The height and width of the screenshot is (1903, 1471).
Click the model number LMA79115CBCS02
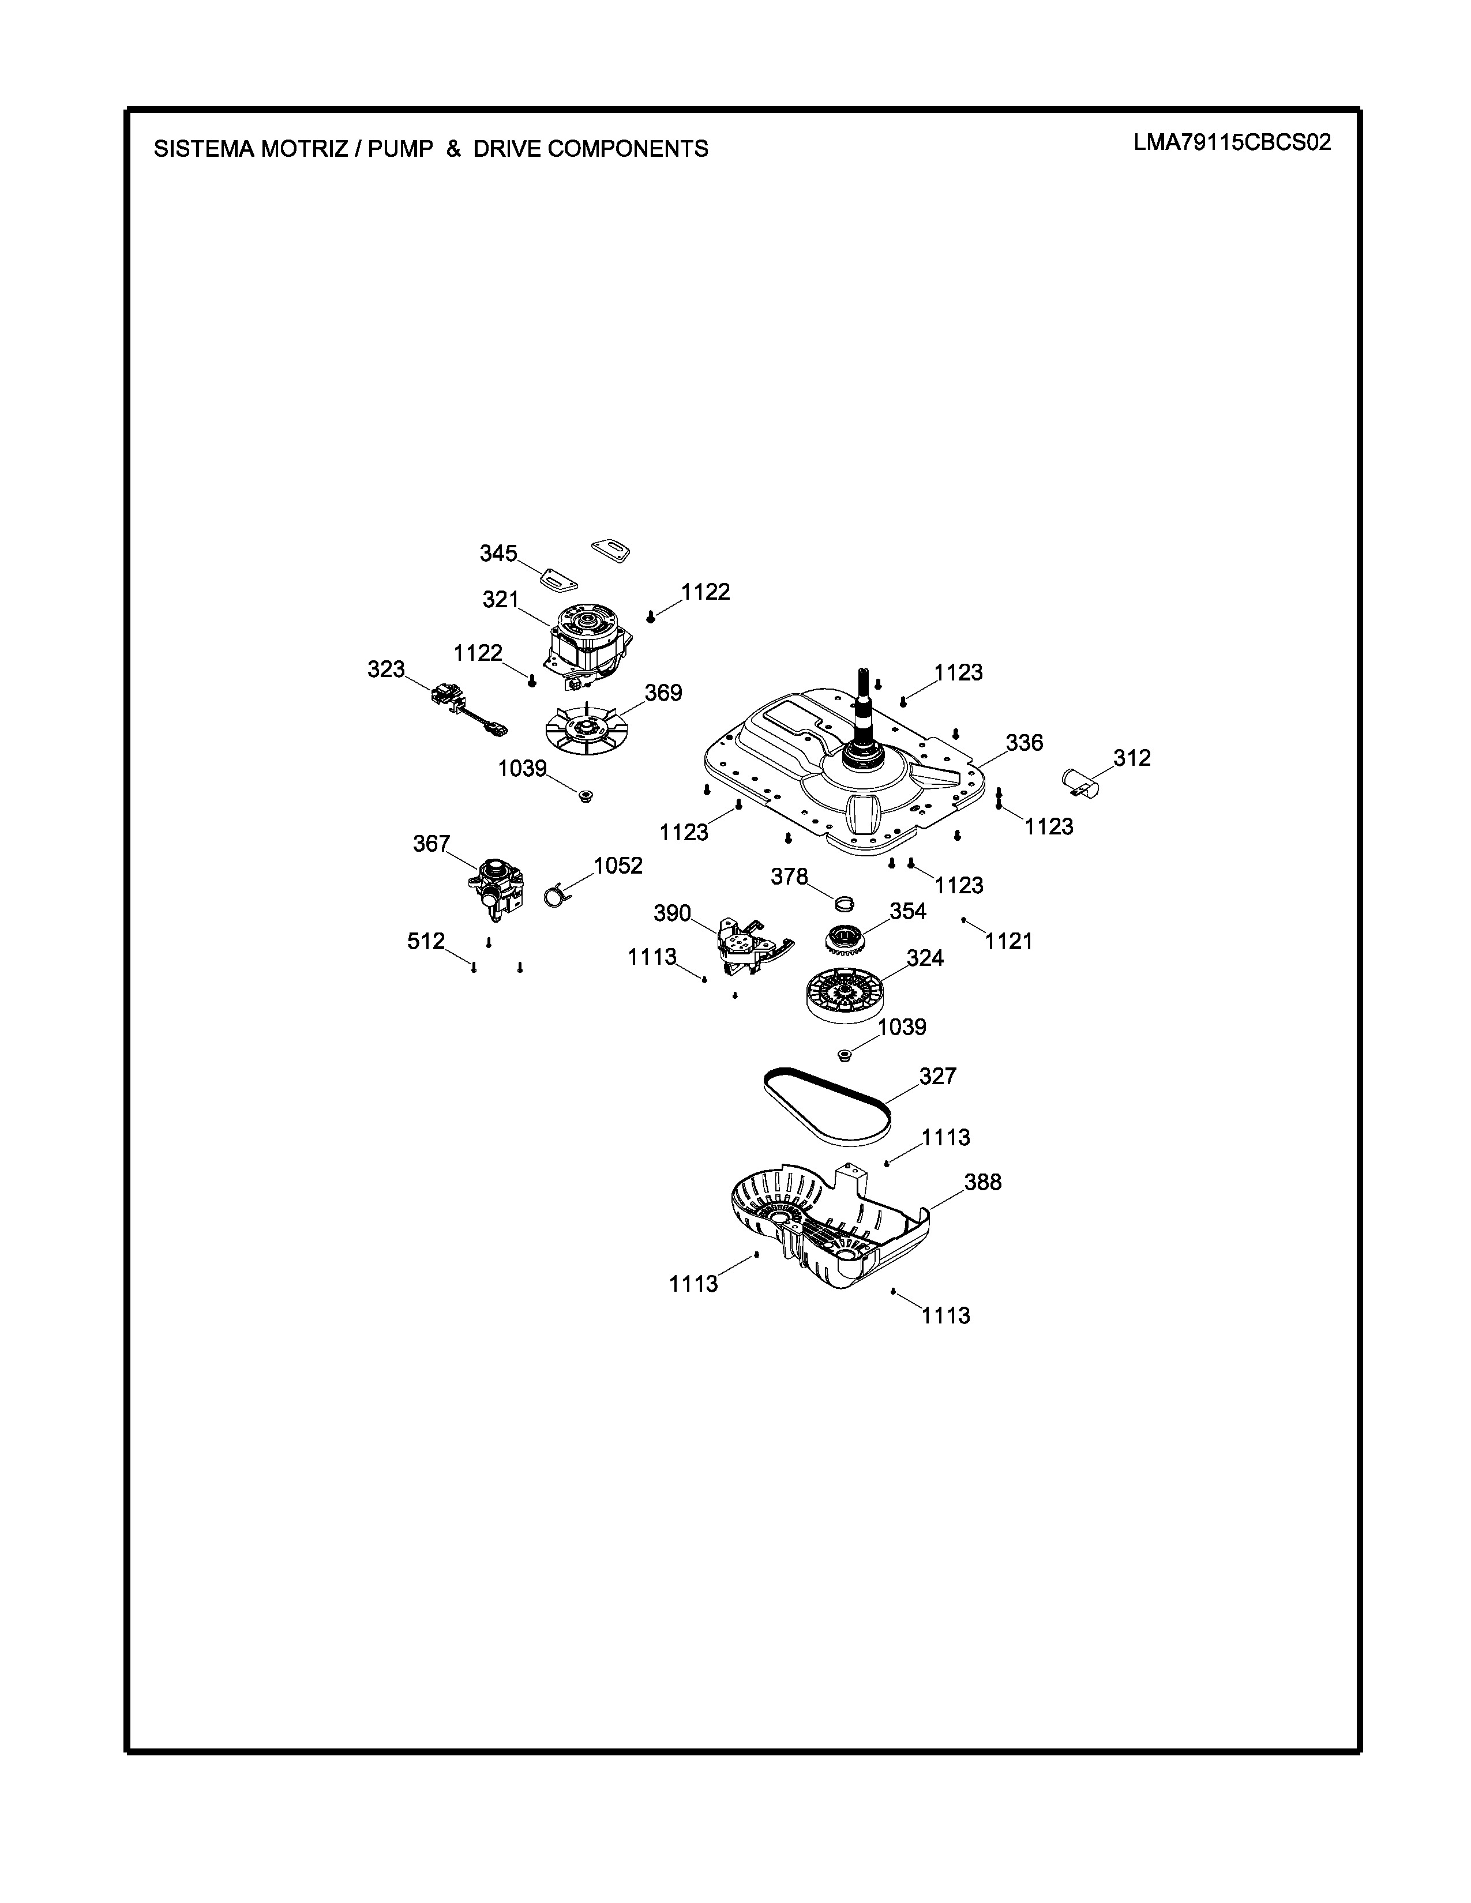point(1232,143)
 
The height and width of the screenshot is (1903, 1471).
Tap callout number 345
point(498,553)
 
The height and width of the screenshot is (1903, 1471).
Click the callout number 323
point(386,669)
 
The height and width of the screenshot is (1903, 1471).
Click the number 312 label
point(1132,758)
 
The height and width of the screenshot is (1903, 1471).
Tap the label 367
point(431,844)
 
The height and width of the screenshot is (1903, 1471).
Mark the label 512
point(426,941)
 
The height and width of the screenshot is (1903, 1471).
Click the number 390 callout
point(672,913)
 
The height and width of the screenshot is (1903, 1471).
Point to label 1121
point(1008,941)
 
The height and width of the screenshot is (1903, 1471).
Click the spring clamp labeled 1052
point(555,894)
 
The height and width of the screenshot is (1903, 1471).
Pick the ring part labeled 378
point(843,901)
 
